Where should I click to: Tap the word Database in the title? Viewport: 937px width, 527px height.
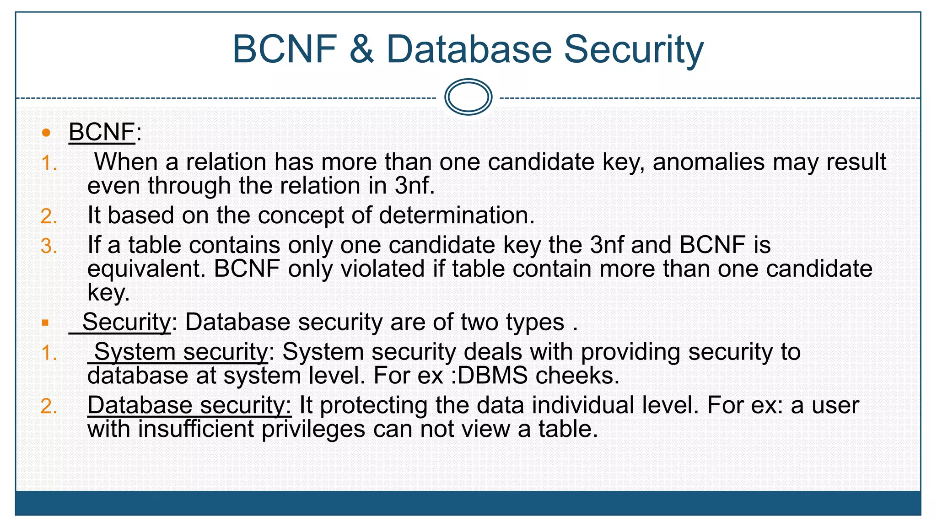coord(469,49)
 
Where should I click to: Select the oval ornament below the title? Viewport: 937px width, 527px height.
coord(468,97)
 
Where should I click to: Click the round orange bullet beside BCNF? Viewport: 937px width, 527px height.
coord(46,133)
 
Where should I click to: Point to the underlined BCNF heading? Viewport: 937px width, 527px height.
coord(102,132)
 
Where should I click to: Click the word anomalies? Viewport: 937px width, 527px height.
coord(708,162)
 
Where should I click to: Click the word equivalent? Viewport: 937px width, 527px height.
coord(146,269)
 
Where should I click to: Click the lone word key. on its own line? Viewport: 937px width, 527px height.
coord(108,293)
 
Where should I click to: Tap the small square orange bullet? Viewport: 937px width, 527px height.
coord(45,323)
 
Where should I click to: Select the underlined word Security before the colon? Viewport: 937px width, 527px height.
coord(126,323)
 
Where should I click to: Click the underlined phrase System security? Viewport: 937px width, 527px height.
coord(181,352)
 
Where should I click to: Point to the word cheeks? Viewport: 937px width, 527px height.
coord(577,376)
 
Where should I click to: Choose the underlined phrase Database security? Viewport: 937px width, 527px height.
coord(189,406)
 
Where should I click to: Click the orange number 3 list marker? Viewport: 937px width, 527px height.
coord(48,246)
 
